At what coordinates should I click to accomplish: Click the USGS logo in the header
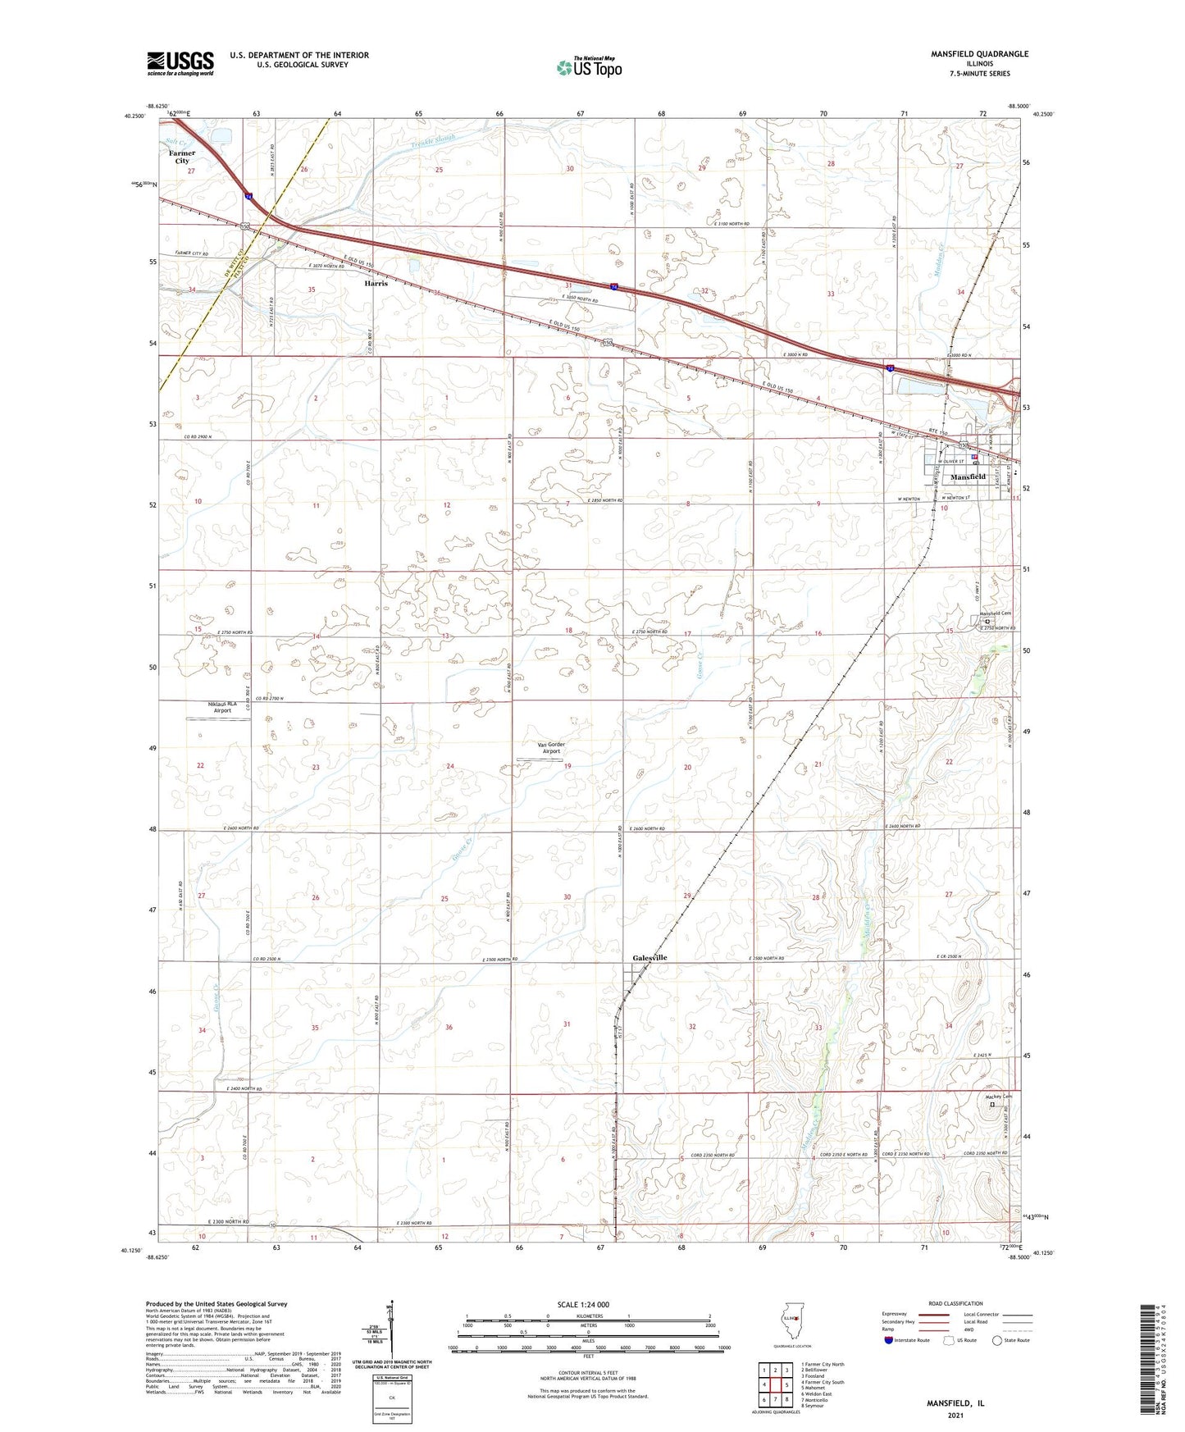point(180,63)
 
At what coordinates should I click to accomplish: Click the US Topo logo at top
point(588,66)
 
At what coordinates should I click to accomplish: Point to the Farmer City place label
point(182,157)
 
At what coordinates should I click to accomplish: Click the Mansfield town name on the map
point(968,477)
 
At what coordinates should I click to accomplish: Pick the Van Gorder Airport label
point(551,747)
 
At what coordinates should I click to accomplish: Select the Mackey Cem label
point(999,1097)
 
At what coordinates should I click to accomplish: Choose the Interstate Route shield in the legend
point(890,1340)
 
